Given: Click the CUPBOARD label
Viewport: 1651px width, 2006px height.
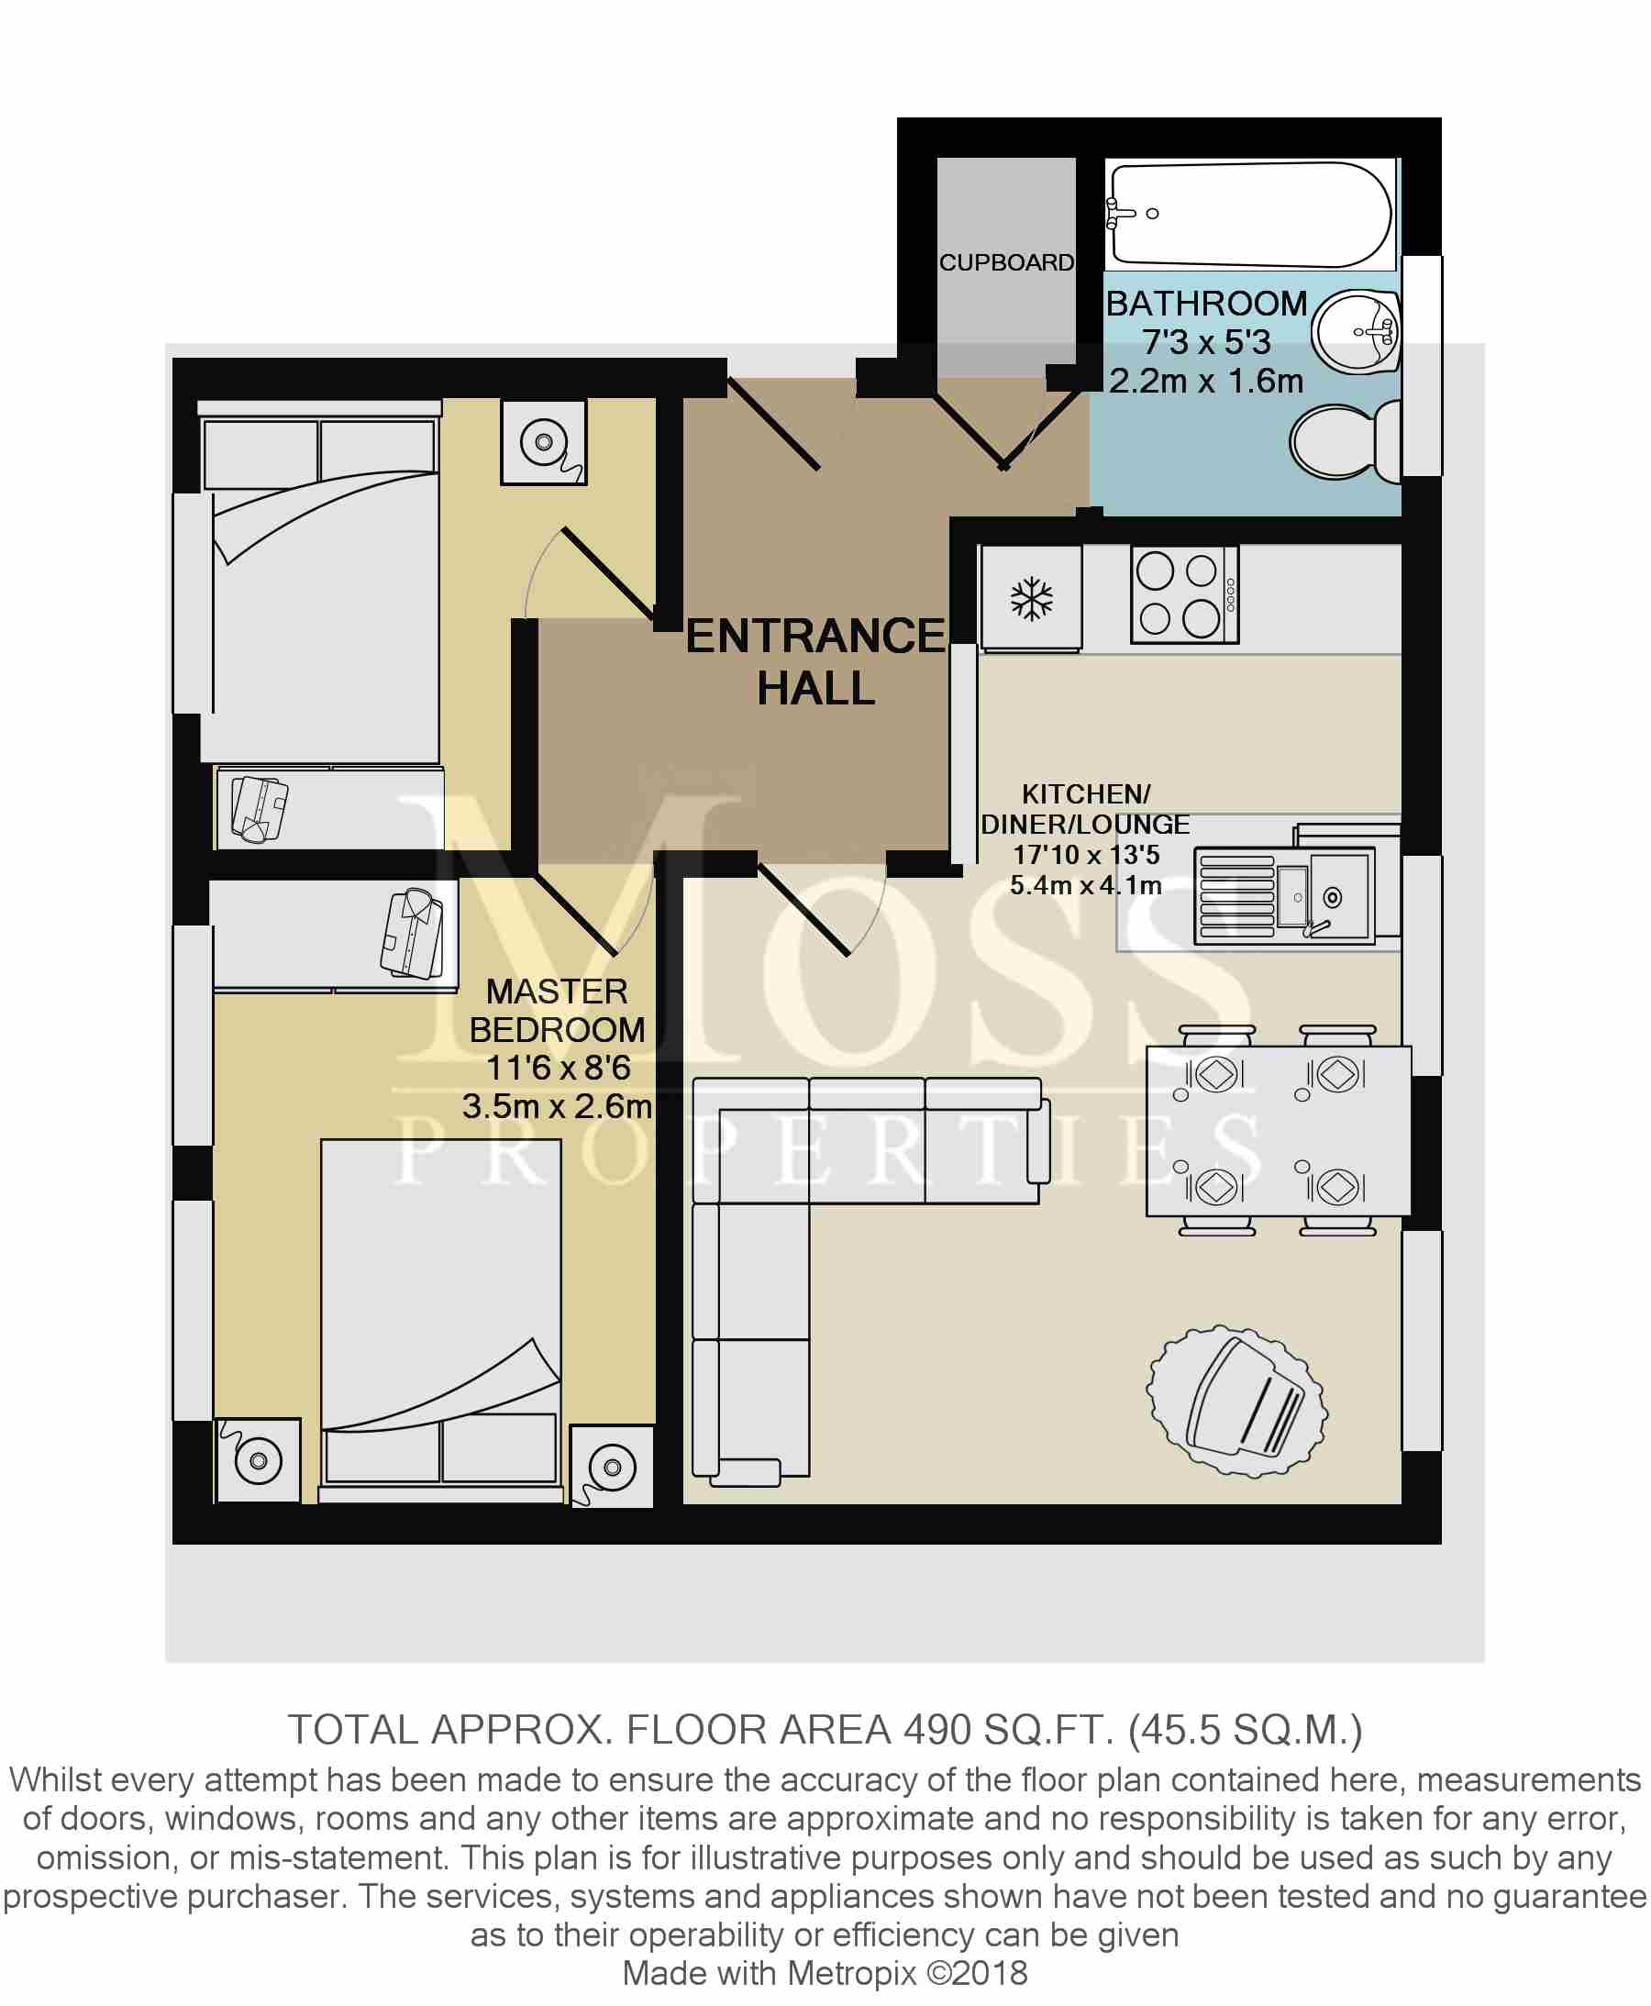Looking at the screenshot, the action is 1006,262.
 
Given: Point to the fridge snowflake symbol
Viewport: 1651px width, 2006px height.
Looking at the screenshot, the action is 1032,599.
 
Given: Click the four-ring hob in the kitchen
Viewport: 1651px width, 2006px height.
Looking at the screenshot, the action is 1184,595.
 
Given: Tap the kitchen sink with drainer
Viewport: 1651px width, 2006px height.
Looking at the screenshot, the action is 1285,896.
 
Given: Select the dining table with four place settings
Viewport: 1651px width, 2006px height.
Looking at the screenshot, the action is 1279,1131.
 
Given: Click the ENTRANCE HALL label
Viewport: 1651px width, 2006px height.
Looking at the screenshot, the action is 815,662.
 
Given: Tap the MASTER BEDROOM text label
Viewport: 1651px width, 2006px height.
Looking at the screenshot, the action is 558,1011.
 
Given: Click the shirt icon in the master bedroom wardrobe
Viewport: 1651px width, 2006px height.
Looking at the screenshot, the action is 413,934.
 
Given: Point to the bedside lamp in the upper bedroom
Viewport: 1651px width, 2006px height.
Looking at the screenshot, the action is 544,442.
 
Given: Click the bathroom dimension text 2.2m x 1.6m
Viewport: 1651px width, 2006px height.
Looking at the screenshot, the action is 1206,382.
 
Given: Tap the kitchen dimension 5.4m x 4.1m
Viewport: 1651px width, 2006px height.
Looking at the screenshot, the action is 1085,885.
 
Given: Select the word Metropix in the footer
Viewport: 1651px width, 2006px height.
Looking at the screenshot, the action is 852,1974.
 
